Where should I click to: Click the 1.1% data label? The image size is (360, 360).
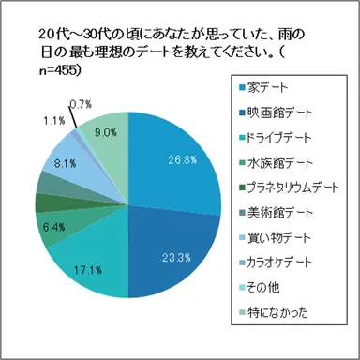[53, 120]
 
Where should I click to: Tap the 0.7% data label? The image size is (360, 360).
[81, 103]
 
